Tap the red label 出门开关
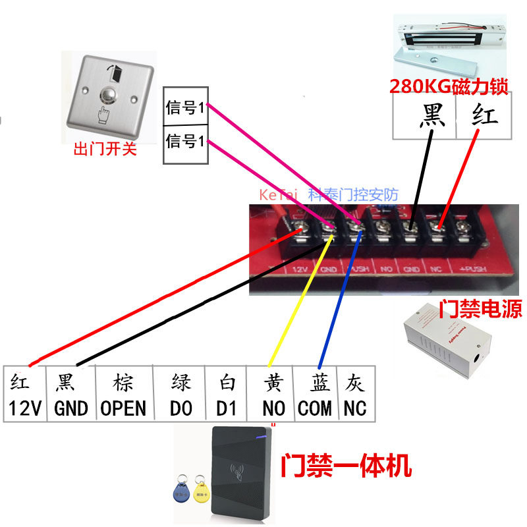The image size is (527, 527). pos(105,150)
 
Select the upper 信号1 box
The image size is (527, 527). pos(186,108)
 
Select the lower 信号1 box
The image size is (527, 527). pos(186,142)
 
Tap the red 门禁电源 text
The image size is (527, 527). pos(480,308)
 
